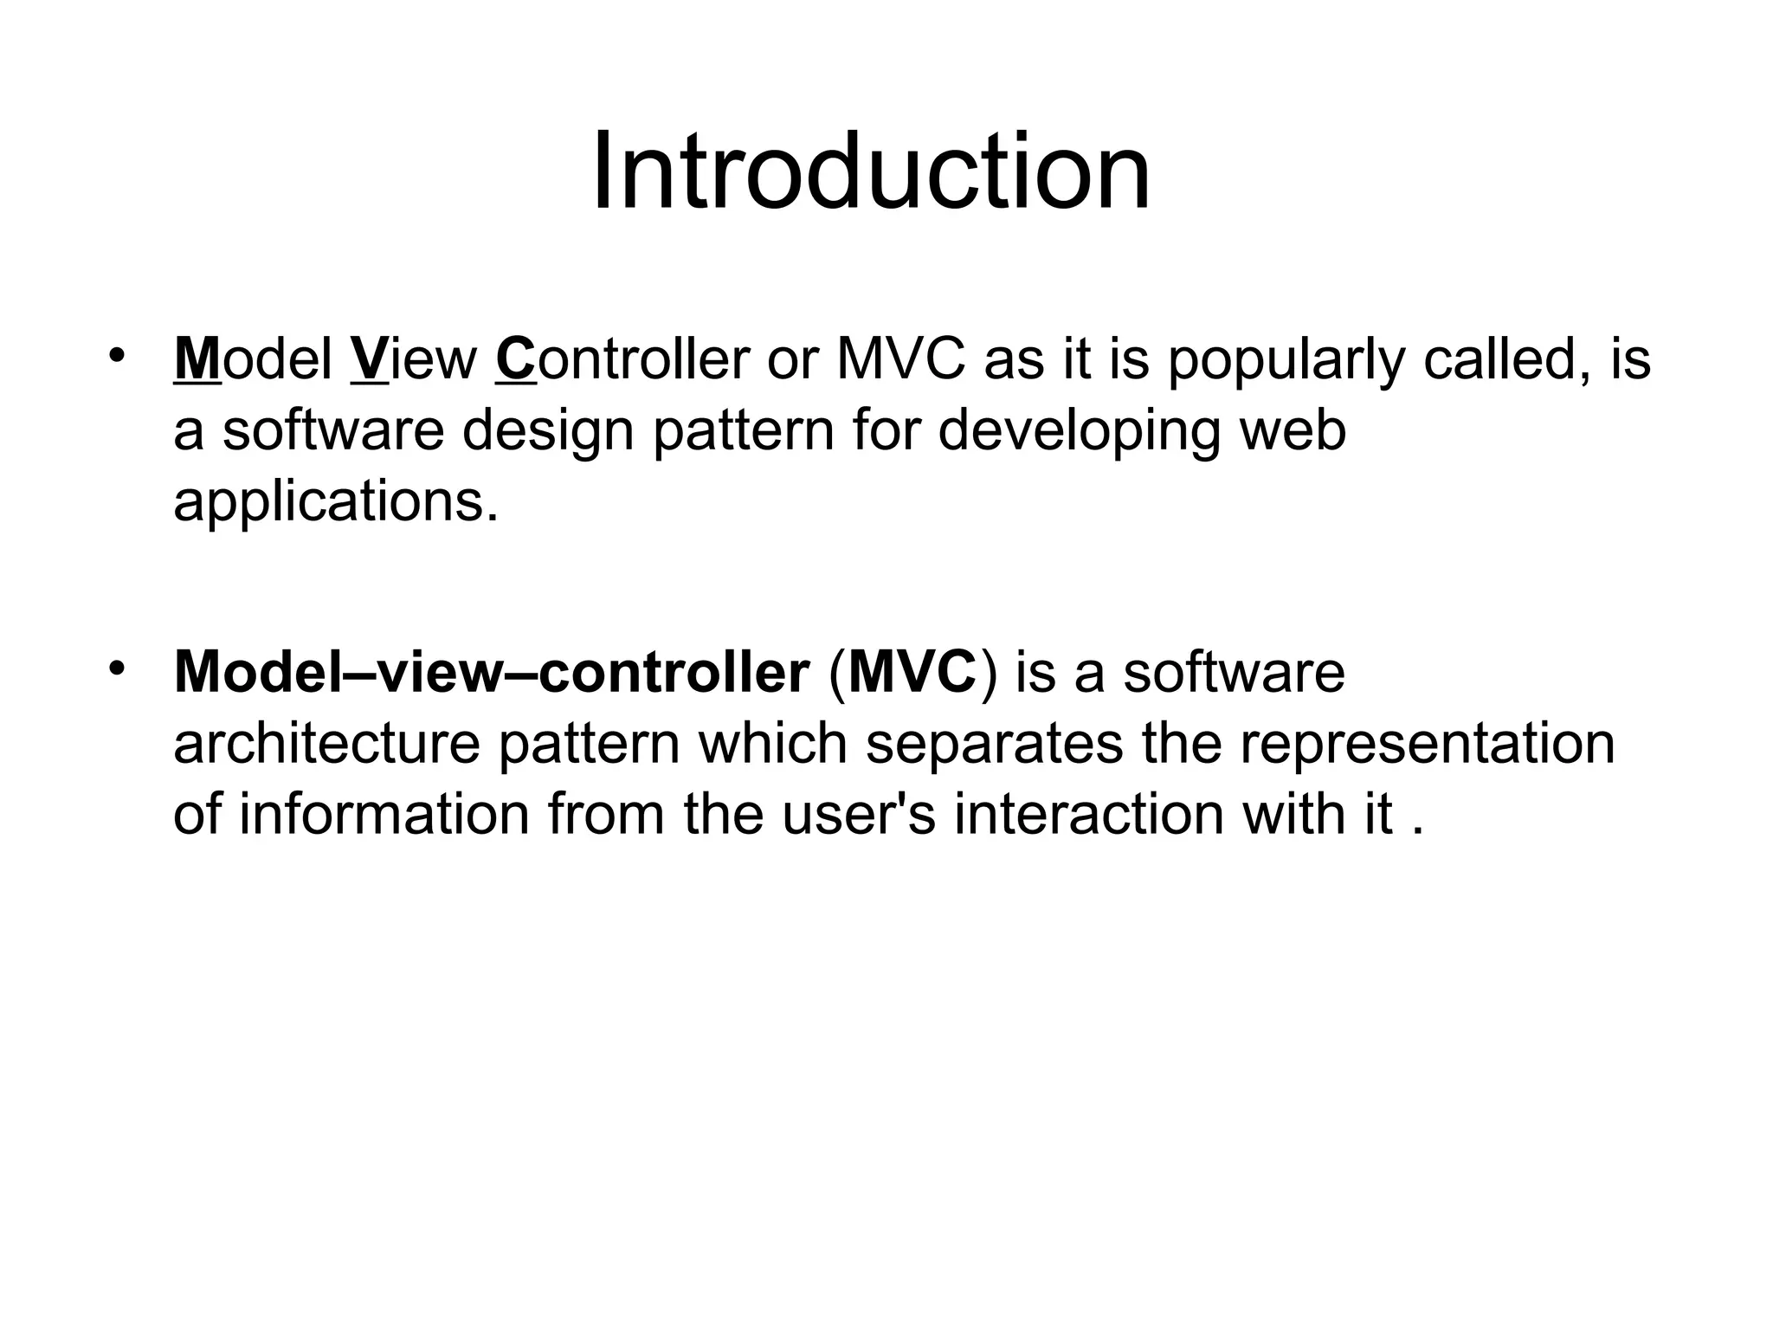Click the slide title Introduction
pos(870,171)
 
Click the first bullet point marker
pos(118,355)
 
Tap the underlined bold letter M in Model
pos(197,359)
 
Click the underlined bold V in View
pos(370,359)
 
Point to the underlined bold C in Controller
pos(517,359)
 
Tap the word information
pos(384,815)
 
